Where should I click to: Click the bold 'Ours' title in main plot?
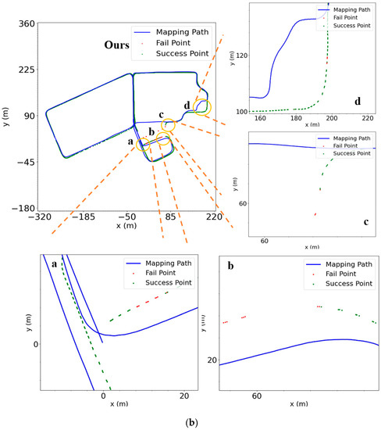click(119, 45)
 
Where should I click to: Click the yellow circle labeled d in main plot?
click(202, 106)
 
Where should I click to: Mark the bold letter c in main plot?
click(161, 114)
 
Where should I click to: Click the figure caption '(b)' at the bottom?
click(190, 423)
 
